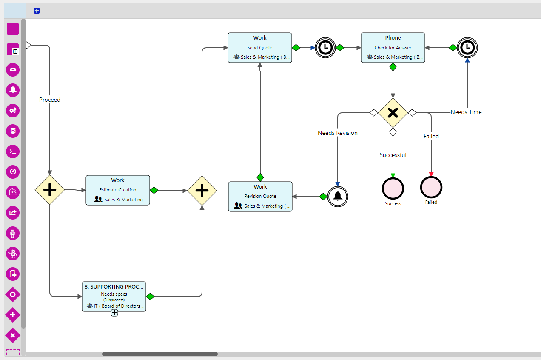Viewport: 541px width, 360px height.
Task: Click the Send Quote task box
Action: (x=260, y=48)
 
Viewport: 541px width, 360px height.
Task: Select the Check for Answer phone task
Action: (x=393, y=48)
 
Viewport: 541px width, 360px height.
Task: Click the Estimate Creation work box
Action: (x=118, y=190)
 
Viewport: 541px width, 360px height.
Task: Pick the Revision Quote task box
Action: (x=260, y=197)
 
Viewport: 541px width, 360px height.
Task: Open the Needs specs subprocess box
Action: (x=114, y=296)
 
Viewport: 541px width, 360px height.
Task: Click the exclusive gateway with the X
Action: (x=393, y=112)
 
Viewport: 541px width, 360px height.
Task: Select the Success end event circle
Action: (x=393, y=189)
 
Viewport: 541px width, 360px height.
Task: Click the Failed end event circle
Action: (x=431, y=187)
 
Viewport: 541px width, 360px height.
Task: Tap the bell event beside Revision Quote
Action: (x=338, y=196)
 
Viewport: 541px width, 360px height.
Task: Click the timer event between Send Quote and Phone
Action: (x=325, y=48)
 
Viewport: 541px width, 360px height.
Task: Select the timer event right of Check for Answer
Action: (x=467, y=47)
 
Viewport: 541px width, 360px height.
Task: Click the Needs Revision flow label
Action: (x=338, y=133)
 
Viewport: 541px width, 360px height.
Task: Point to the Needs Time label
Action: (x=466, y=112)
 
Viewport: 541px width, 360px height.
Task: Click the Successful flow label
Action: (x=393, y=155)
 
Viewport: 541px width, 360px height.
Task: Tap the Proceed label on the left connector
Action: (x=50, y=100)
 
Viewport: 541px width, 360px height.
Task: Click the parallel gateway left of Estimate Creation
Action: (x=50, y=190)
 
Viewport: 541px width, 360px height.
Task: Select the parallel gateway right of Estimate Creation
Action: (x=202, y=191)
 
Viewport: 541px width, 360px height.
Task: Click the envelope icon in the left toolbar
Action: (x=13, y=69)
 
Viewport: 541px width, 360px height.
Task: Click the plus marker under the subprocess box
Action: (x=114, y=313)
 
